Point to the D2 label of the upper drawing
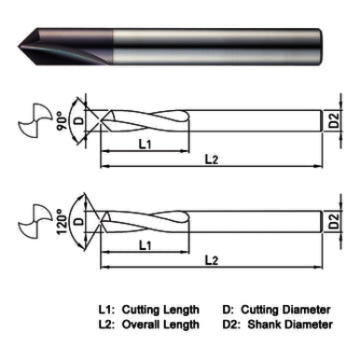pos(336,119)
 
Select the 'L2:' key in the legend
pos(109,325)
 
